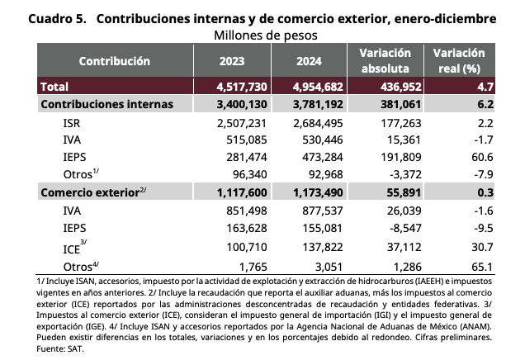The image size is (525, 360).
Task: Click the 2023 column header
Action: (x=232, y=61)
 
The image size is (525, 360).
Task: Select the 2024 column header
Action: (x=309, y=61)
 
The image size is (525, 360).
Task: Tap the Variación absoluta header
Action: (x=385, y=60)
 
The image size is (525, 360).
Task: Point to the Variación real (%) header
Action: (x=459, y=60)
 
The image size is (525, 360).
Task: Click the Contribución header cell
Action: (x=115, y=61)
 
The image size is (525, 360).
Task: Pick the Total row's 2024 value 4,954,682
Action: (x=318, y=87)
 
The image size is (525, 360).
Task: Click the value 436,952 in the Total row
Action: (x=401, y=87)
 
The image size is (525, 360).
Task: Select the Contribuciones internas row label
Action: (x=106, y=104)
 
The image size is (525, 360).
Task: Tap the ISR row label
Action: (x=72, y=123)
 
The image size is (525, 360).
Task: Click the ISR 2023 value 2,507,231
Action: (x=242, y=123)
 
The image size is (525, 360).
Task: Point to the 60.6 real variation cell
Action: (x=482, y=157)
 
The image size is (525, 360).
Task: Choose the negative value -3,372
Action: (x=404, y=174)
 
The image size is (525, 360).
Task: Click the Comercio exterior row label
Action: (x=93, y=192)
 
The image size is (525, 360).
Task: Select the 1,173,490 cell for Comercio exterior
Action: (x=318, y=192)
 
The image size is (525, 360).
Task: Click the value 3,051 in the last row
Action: (x=329, y=267)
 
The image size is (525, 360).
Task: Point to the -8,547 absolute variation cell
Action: (x=405, y=228)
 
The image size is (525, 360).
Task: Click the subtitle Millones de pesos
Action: (x=266, y=36)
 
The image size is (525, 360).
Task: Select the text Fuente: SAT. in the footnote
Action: (x=60, y=349)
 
